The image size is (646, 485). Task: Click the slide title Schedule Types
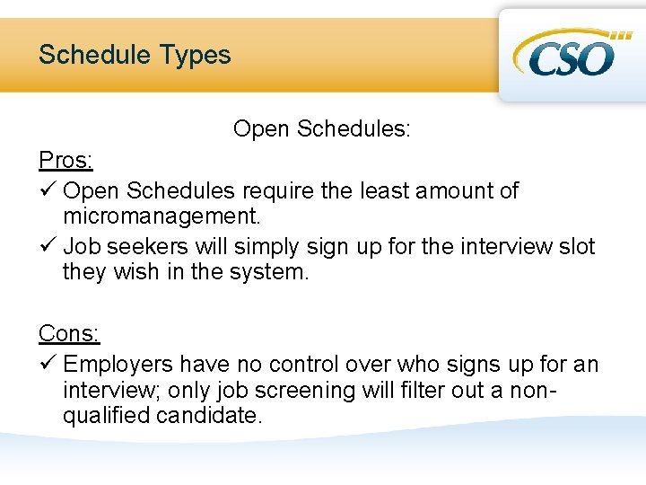135,55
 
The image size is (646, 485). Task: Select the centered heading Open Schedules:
322,129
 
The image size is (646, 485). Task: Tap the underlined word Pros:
65,161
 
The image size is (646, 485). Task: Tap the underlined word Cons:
69,334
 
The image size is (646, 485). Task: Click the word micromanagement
161,216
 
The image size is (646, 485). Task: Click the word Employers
118,365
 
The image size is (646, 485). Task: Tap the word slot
574,246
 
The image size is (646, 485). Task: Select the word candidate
209,416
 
